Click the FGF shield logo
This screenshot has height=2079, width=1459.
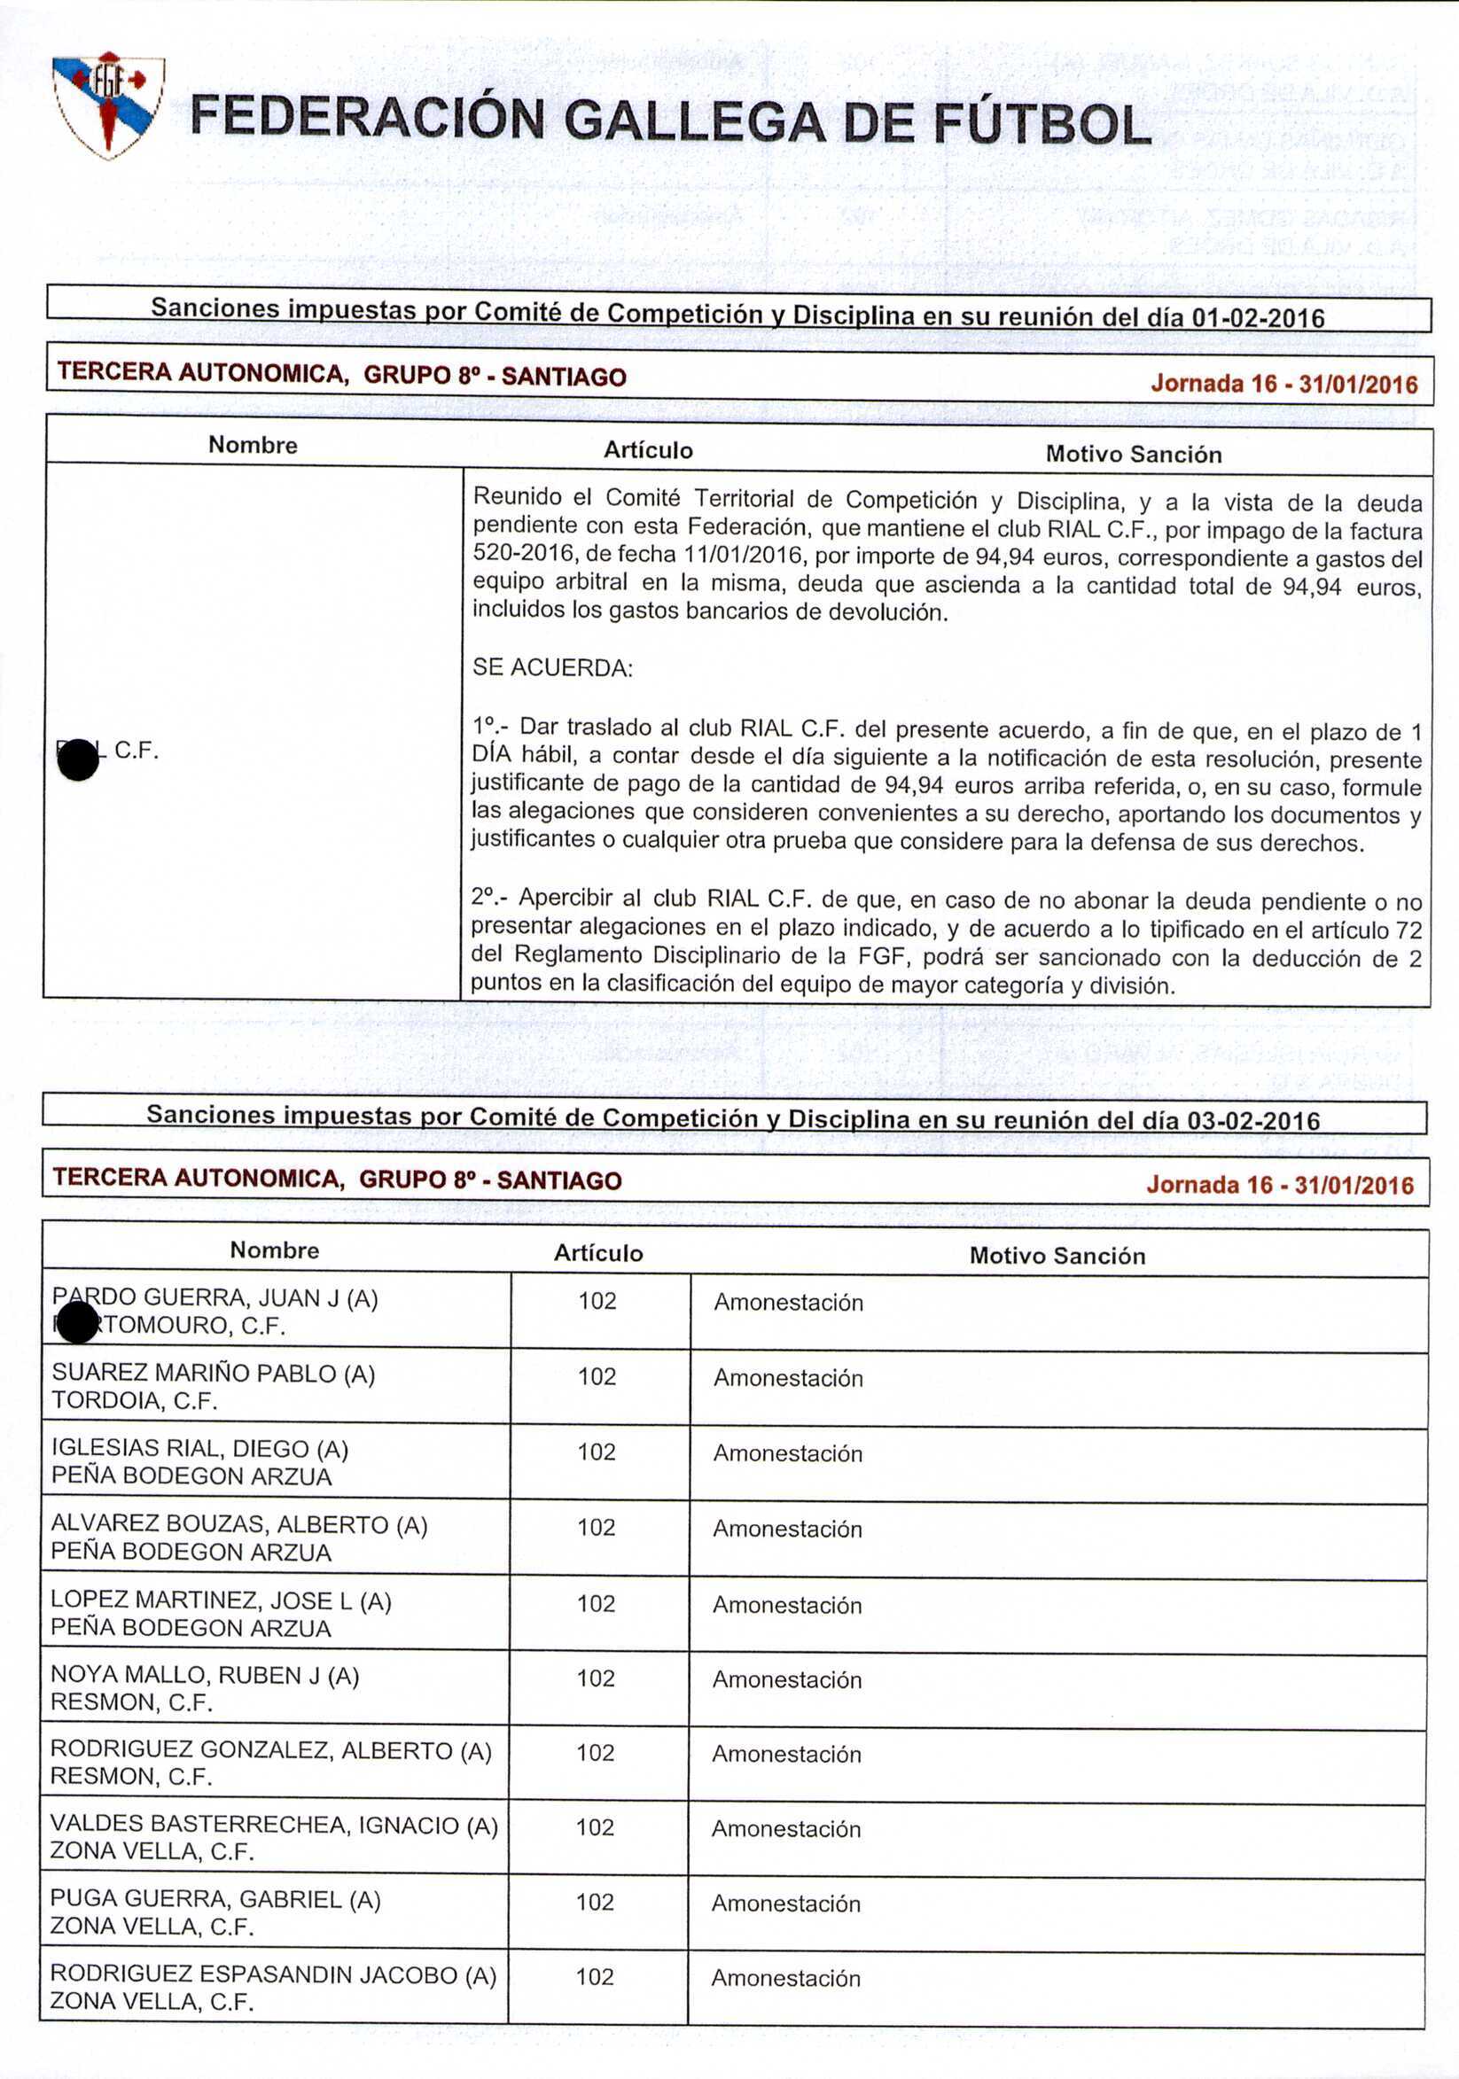108,105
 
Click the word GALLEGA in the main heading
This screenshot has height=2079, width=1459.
694,123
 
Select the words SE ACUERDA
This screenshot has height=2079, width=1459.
551,668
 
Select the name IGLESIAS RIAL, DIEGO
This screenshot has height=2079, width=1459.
199,1449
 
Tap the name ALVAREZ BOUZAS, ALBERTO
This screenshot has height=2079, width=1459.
238,1525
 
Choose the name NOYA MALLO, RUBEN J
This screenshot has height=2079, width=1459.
205,1676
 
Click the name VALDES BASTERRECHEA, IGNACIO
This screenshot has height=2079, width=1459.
274,1826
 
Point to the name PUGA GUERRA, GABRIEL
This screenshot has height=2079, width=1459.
215,1899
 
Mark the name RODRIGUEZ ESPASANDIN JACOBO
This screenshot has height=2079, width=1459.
273,1974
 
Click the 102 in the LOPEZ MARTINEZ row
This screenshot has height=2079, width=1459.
596,1604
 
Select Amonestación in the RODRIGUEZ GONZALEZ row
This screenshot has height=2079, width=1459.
786,1754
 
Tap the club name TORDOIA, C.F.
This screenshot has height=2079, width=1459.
134,1401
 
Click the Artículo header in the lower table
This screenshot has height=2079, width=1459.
598,1253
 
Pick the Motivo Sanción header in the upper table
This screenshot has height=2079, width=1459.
1133,454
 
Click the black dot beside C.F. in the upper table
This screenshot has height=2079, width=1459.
78,759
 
